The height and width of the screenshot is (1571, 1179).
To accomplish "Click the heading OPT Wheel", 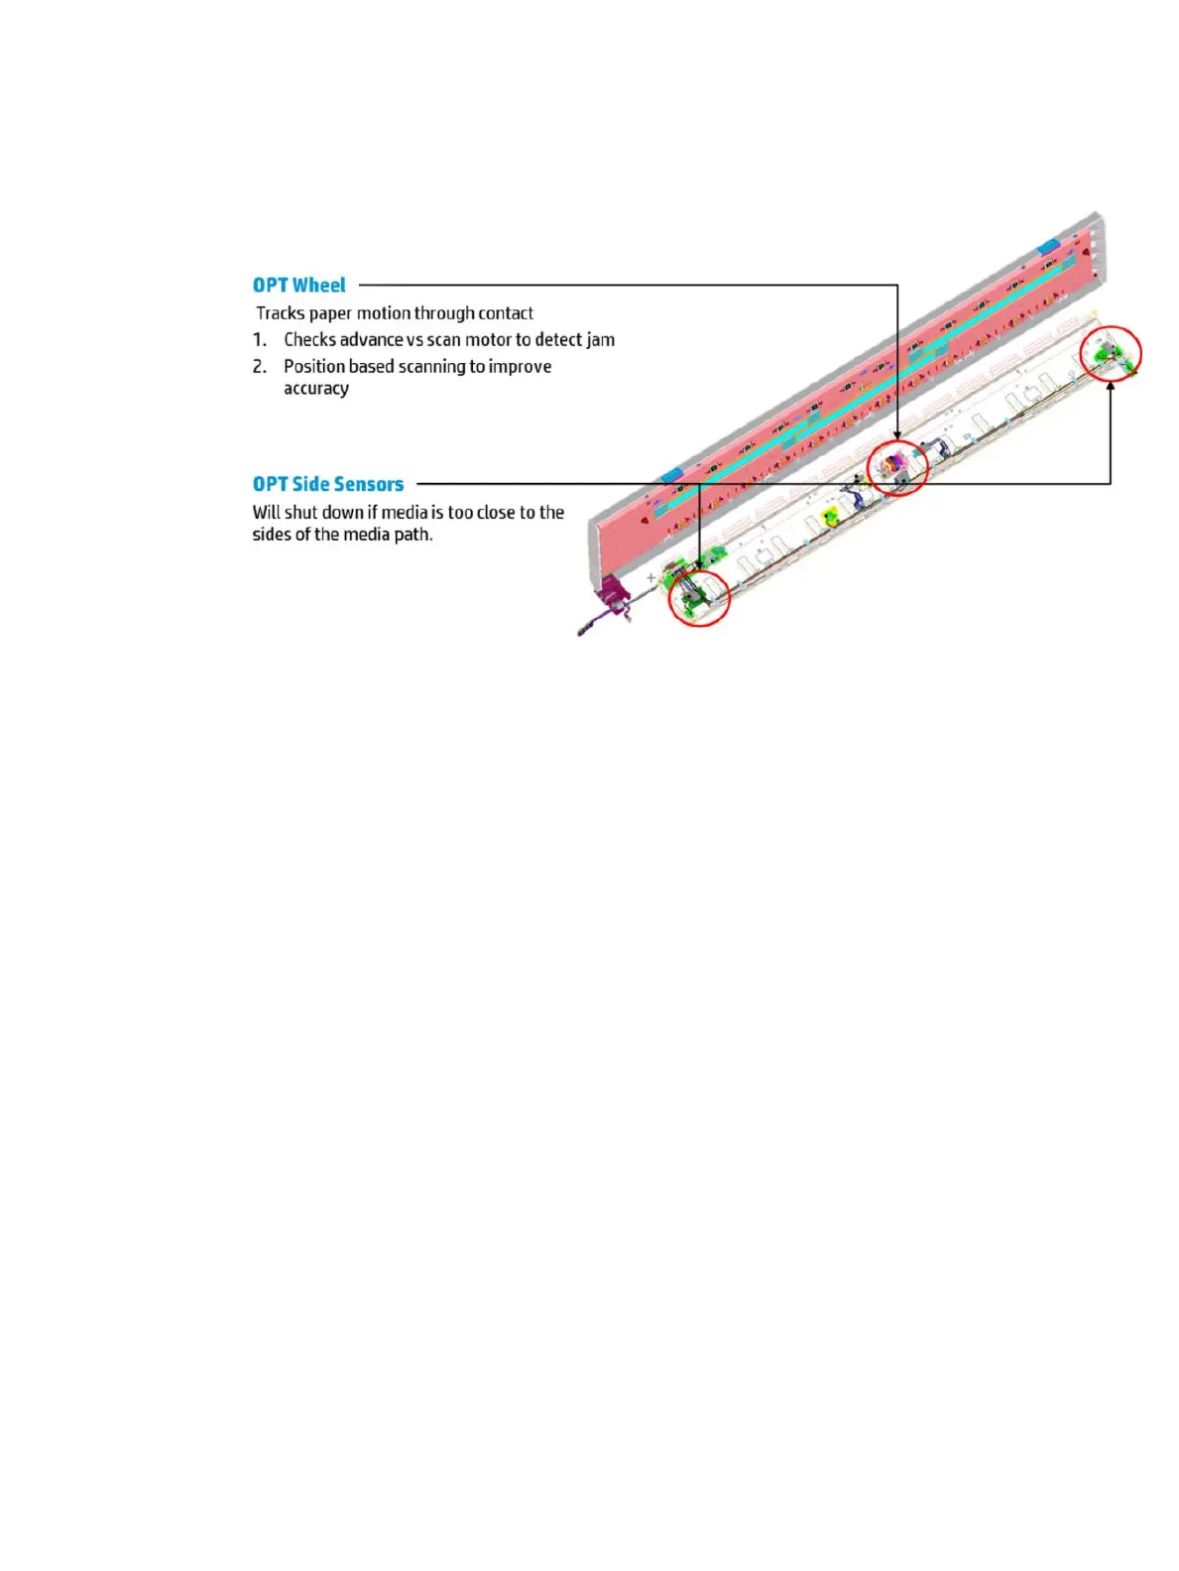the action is point(298,286).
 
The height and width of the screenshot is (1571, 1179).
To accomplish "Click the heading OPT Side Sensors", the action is point(327,484).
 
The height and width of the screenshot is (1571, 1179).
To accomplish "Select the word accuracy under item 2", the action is point(315,389).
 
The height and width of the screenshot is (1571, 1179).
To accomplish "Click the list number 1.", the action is point(259,340).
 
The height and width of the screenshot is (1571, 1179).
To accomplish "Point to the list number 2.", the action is point(259,367).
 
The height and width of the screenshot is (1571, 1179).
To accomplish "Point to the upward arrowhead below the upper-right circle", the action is point(1111,387).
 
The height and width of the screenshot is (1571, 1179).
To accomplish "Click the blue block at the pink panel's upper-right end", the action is point(1048,246).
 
